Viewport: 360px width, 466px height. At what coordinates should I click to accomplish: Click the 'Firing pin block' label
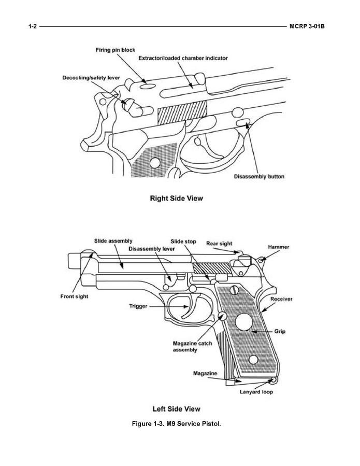(x=115, y=50)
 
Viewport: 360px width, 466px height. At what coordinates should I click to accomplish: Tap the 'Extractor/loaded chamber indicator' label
(x=183, y=58)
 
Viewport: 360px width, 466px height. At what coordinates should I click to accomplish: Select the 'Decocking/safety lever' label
(x=91, y=77)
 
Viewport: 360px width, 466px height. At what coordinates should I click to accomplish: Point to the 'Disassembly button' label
(x=259, y=177)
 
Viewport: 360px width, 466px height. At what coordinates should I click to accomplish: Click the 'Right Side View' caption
(x=176, y=198)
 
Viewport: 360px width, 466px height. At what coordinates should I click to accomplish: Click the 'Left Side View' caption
(x=176, y=409)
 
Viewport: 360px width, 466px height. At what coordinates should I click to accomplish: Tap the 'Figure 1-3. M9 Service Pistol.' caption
(x=176, y=424)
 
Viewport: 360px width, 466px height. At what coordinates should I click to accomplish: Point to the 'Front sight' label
(x=75, y=296)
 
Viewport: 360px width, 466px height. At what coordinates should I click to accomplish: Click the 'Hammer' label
(x=279, y=247)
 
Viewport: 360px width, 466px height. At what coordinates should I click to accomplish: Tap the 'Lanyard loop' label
(x=256, y=392)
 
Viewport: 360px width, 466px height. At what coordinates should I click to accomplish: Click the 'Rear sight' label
(x=219, y=243)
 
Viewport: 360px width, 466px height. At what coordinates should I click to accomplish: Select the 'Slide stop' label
(x=183, y=241)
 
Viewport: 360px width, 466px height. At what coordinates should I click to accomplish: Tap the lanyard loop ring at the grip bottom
(x=275, y=380)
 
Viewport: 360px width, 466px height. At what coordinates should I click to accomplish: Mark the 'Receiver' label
(x=281, y=299)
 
